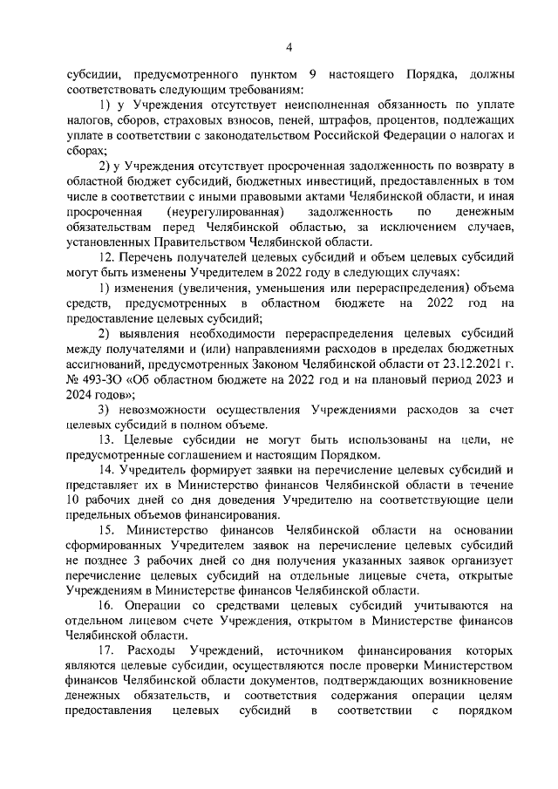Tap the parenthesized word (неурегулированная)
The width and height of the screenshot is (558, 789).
[228, 212]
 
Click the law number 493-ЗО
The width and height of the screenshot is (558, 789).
[102, 378]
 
